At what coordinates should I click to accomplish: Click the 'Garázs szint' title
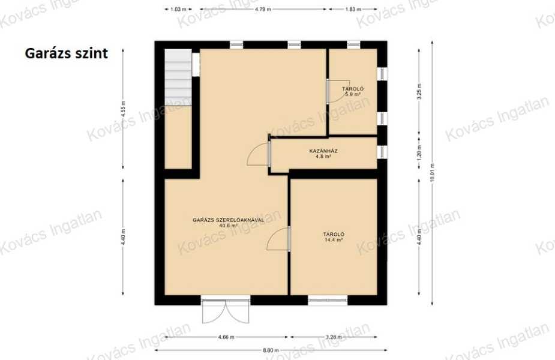(x=66, y=53)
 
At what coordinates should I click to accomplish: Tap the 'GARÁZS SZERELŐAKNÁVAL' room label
(x=229, y=220)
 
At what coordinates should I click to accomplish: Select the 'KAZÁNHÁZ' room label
(x=323, y=151)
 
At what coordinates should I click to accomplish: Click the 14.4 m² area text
(x=334, y=239)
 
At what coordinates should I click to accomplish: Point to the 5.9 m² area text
(x=353, y=95)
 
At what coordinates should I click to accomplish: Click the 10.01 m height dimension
(x=432, y=173)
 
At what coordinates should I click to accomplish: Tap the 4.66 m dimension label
(x=226, y=337)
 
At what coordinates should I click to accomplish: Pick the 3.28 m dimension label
(x=334, y=337)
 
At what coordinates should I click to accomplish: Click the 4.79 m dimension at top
(x=263, y=9)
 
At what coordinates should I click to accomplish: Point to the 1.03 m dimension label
(x=178, y=9)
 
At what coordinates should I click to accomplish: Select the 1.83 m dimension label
(x=353, y=9)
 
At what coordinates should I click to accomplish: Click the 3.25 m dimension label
(x=419, y=91)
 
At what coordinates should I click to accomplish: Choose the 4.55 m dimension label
(x=123, y=109)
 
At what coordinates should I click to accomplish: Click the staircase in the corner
(x=178, y=77)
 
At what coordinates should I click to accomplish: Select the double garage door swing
(x=226, y=311)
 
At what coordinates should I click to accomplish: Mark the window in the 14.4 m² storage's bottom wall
(x=328, y=300)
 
